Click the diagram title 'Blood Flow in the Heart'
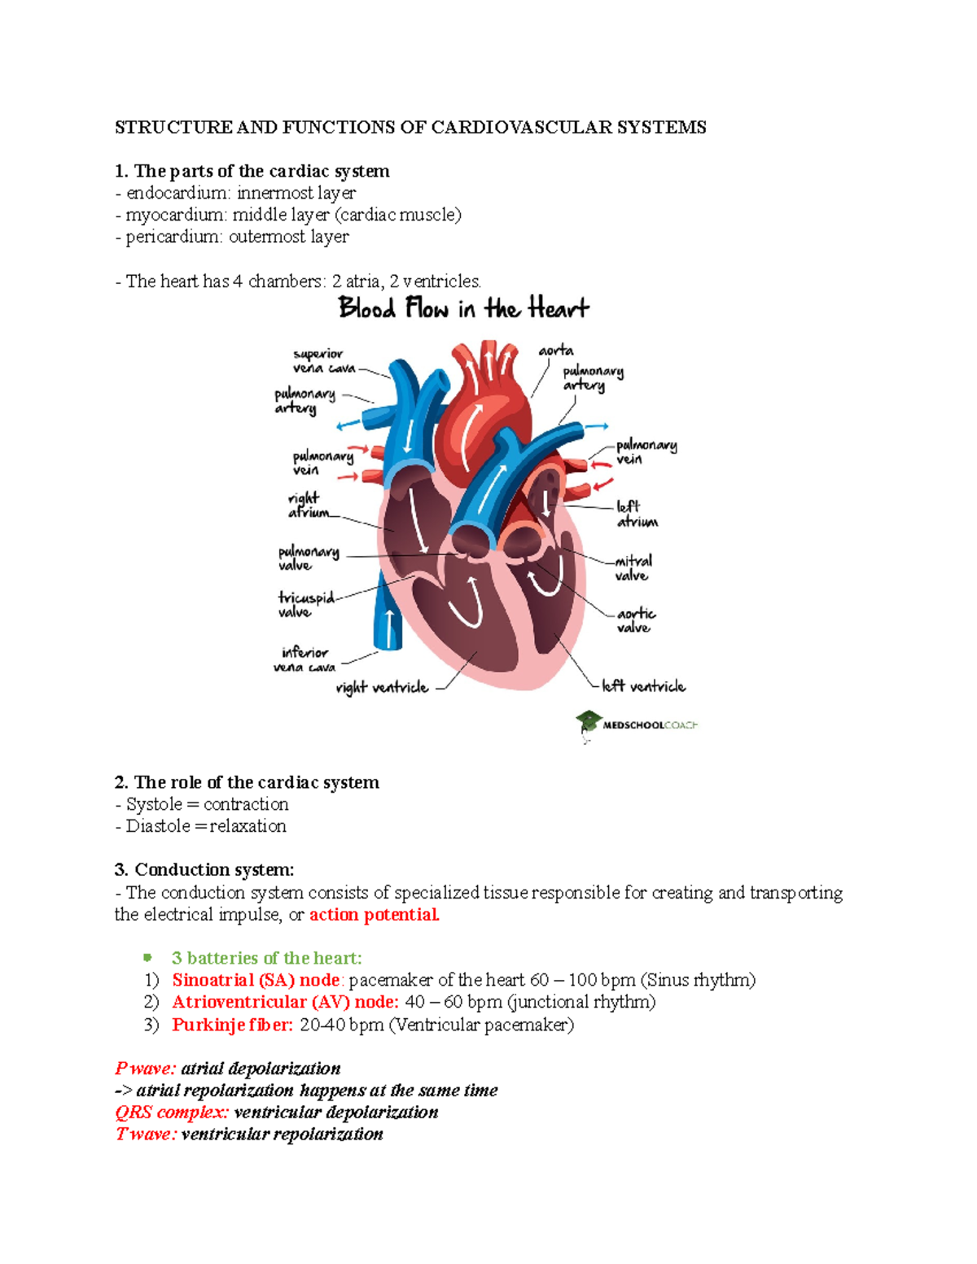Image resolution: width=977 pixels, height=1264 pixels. pyautogui.click(x=463, y=308)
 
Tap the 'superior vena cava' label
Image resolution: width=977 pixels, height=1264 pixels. pyautogui.click(x=324, y=361)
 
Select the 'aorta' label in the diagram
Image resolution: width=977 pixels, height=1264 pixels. pyautogui.click(x=555, y=351)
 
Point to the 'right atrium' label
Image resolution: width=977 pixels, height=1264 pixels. pyautogui.click(x=308, y=505)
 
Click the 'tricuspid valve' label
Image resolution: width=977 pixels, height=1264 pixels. pyautogui.click(x=305, y=605)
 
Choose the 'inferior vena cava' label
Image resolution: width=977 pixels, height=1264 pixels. pyautogui.click(x=304, y=659)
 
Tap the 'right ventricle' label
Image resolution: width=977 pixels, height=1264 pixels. pyautogui.click(x=382, y=688)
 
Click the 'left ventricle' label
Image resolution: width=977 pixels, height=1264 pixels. pyautogui.click(x=643, y=686)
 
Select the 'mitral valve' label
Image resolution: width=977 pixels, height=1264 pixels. pyautogui.click(x=633, y=568)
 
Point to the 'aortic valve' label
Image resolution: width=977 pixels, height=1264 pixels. pyautogui.click(x=635, y=620)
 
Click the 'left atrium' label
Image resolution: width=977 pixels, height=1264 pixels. pyautogui.click(x=636, y=514)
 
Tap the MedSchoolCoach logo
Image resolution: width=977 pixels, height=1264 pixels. pyautogui.click(x=636, y=724)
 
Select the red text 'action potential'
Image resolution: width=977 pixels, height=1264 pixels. pyautogui.click(x=374, y=915)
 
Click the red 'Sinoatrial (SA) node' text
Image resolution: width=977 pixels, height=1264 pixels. pyautogui.click(x=255, y=980)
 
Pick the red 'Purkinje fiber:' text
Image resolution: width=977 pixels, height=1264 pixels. pyautogui.click(x=232, y=1025)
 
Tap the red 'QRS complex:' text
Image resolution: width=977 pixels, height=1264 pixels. pyautogui.click(x=172, y=1113)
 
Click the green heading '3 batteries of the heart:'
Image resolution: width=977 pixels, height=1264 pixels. pyautogui.click(x=266, y=958)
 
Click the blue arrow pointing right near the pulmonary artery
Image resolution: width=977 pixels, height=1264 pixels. pyautogui.click(x=597, y=426)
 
